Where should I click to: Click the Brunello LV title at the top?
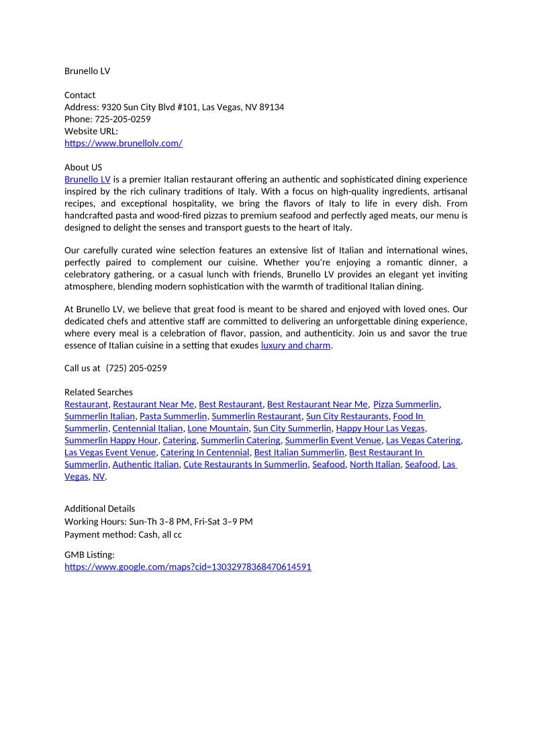click(x=87, y=71)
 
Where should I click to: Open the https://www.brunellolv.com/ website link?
click(x=124, y=143)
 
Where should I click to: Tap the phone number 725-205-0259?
click(x=122, y=120)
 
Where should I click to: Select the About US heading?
click(x=83, y=167)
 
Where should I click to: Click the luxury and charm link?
click(x=295, y=345)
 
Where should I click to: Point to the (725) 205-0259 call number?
click(x=136, y=368)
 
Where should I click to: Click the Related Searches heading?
click(x=99, y=392)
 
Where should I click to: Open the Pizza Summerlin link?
click(x=406, y=404)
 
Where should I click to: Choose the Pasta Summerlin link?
click(x=173, y=416)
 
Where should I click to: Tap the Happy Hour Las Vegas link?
click(x=380, y=428)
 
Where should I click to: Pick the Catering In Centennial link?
click(x=205, y=453)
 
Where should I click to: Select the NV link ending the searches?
click(x=99, y=477)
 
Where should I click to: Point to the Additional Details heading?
click(x=99, y=509)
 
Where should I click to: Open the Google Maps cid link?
click(x=188, y=567)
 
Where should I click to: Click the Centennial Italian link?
click(x=148, y=428)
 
